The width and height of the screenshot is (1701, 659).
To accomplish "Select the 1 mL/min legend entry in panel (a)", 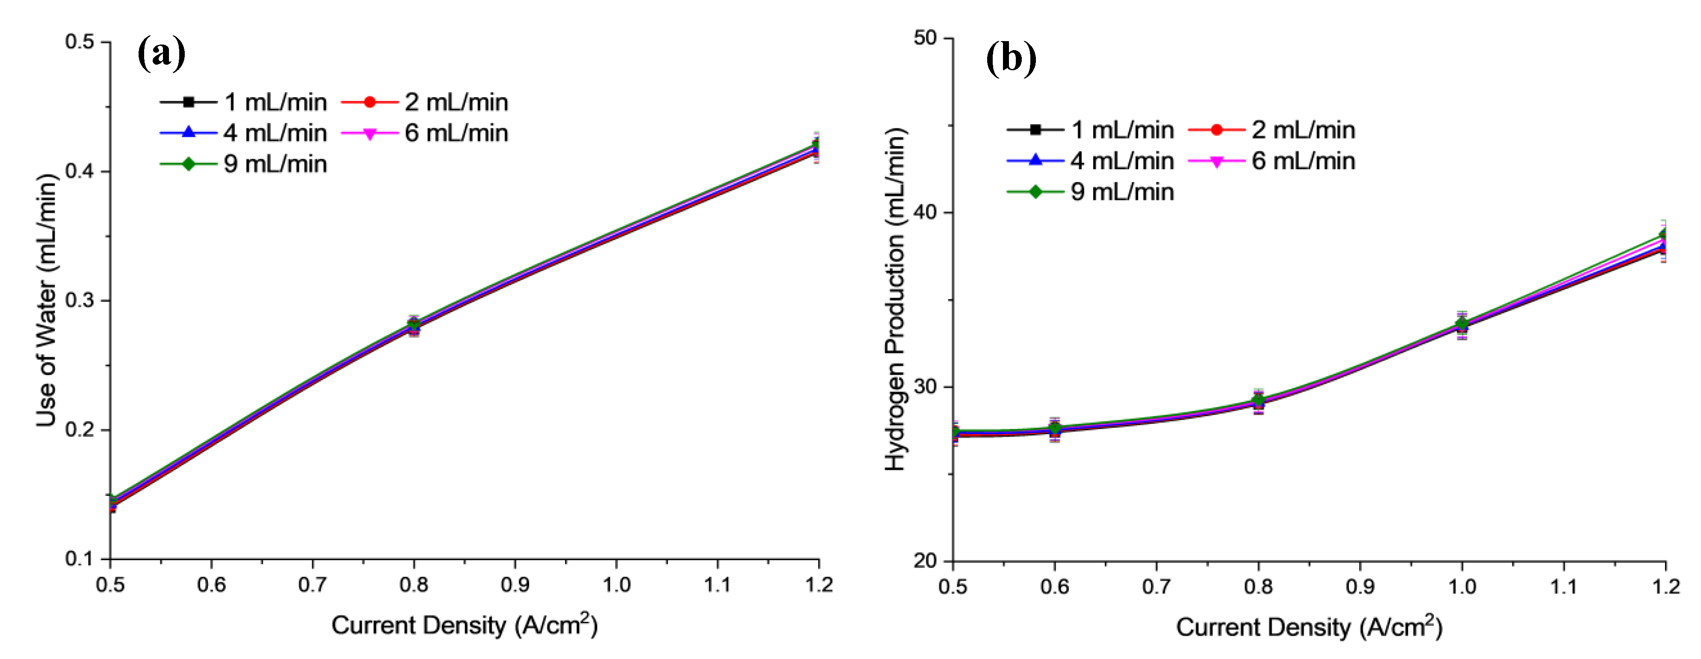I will [244, 102].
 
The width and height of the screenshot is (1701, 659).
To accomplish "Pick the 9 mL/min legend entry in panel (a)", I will [244, 163].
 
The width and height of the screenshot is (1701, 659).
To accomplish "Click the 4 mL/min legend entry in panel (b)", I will [1091, 161].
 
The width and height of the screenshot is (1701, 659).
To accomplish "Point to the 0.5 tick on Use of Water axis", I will [79, 42].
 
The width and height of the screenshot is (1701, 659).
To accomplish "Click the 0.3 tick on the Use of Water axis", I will [79, 300].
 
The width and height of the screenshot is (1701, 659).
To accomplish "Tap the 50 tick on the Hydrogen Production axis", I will [926, 38].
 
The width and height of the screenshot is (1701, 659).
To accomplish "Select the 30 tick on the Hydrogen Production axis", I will [926, 387].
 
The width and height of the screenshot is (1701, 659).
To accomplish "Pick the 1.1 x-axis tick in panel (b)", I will [1564, 586].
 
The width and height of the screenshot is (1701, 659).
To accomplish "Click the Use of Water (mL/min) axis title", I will [46, 301].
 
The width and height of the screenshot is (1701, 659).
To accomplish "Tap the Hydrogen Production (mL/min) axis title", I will [895, 299].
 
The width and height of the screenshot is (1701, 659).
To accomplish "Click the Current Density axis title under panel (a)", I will [464, 625].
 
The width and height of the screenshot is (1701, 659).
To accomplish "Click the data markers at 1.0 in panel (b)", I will [1462, 325].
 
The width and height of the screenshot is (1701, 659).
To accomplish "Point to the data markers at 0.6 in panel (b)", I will [1055, 429].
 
